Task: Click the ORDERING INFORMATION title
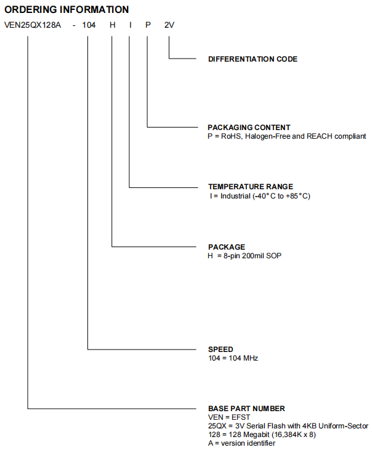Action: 67,10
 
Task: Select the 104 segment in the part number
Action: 89,26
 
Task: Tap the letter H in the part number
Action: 112,26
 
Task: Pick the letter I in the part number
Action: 130,26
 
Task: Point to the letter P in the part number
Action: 148,26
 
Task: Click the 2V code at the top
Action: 169,26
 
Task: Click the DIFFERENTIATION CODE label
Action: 253,59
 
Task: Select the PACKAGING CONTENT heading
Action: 249,128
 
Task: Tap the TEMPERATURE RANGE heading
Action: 250,187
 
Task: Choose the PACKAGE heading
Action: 226,247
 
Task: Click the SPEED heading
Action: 220,349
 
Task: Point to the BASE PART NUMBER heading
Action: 246,408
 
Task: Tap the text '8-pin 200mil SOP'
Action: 253,255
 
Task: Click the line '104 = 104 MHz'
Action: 233,358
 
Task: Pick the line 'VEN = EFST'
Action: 227,417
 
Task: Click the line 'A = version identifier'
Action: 241,443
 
